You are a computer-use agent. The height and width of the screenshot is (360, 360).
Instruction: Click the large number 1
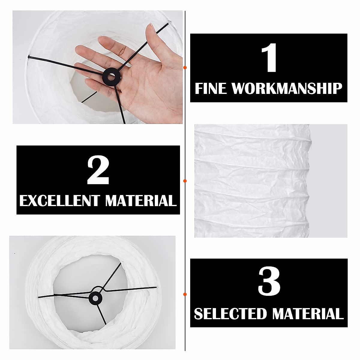(269, 58)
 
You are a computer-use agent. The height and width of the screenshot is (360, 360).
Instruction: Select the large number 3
(269, 282)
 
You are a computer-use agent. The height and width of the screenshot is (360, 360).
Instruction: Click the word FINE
(210, 89)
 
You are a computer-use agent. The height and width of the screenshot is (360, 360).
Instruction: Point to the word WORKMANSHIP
(287, 89)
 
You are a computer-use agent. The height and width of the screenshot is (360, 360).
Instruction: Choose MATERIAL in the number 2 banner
(140, 201)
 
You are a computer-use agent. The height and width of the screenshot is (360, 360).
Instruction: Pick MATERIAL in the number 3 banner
(307, 314)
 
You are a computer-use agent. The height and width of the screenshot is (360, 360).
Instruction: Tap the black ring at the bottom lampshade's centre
(95, 298)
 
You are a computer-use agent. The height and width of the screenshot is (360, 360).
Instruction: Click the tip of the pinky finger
(87, 82)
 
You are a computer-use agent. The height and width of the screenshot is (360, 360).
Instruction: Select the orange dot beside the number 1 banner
(185, 68)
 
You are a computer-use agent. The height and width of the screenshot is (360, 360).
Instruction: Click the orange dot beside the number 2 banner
(185, 181)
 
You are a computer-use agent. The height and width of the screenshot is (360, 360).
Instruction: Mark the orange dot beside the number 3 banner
(185, 294)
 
